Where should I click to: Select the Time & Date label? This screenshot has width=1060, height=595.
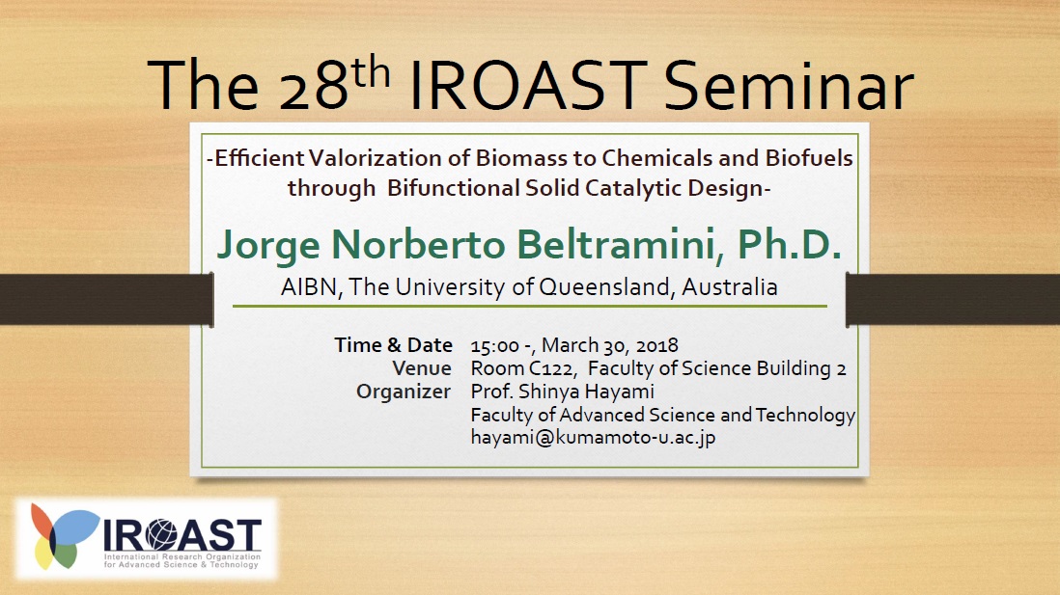tap(394, 345)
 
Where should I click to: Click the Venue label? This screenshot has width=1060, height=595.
tap(422, 368)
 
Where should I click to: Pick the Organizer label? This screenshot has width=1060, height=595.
tap(404, 392)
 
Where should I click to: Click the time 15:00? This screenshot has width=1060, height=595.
tap(495, 346)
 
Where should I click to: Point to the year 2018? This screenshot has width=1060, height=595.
tap(656, 346)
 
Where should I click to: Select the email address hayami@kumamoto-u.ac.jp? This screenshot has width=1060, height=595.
tap(593, 437)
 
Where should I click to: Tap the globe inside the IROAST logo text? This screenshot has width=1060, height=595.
tap(160, 535)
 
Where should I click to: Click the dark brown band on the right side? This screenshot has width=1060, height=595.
tap(953, 299)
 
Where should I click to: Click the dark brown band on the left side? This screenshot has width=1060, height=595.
tap(107, 299)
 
